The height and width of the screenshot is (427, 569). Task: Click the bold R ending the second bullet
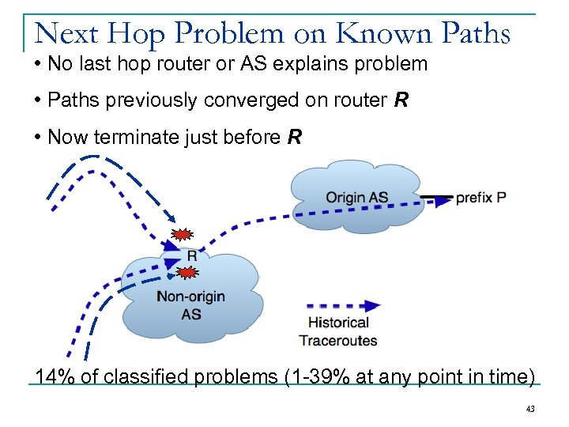click(401, 100)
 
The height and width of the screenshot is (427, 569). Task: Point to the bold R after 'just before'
click(295, 138)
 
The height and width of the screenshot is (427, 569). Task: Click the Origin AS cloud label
click(356, 198)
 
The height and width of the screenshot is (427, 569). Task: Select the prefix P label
click(481, 198)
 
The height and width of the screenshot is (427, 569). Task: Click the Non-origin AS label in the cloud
click(190, 305)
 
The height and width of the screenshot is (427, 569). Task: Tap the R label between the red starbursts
click(192, 255)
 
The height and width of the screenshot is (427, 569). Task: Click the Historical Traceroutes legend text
click(338, 331)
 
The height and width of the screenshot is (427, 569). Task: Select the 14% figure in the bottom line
click(55, 376)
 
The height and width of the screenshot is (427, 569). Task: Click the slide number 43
click(529, 409)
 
